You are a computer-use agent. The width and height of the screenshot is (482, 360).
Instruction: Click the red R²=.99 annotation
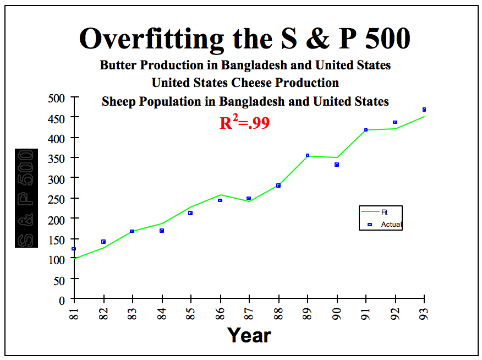pyautogui.click(x=244, y=123)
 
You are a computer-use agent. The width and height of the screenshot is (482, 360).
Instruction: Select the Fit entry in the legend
pyautogui.click(x=384, y=212)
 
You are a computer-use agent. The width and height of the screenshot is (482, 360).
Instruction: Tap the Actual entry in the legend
pyautogui.click(x=391, y=225)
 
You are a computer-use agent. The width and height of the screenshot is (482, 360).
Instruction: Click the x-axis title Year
pyautogui.click(x=249, y=335)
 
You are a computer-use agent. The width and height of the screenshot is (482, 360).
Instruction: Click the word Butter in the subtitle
pyautogui.click(x=118, y=65)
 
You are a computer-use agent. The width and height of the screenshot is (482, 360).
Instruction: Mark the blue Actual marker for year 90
pyautogui.click(x=337, y=165)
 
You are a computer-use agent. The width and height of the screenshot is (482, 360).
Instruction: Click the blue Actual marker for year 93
pyautogui.click(x=424, y=110)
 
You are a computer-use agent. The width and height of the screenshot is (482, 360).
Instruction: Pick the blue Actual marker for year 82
pyautogui.click(x=103, y=242)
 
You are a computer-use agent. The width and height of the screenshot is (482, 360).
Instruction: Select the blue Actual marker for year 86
pyautogui.click(x=220, y=200)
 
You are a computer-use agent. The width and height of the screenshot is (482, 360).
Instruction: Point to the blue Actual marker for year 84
pyautogui.click(x=162, y=231)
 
